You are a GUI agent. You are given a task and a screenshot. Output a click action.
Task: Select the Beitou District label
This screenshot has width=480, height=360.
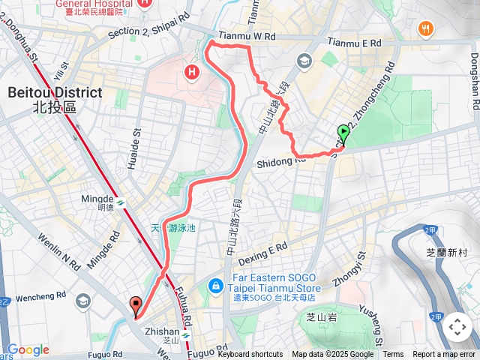click(55, 99)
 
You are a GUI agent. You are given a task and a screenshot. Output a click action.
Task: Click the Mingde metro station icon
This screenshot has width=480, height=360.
click(119, 202)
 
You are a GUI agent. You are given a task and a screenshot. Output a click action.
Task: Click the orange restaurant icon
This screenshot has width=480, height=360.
click(425, 29)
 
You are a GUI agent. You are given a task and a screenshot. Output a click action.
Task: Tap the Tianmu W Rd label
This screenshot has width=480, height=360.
click(248, 36)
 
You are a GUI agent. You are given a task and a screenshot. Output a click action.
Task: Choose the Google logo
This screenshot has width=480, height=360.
click(28, 349)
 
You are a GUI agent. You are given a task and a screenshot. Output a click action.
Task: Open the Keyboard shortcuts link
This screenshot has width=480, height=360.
click(250, 355)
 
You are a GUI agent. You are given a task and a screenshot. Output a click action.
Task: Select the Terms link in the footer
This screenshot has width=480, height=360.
click(393, 355)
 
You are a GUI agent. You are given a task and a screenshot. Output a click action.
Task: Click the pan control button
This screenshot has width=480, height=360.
click(457, 327)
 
